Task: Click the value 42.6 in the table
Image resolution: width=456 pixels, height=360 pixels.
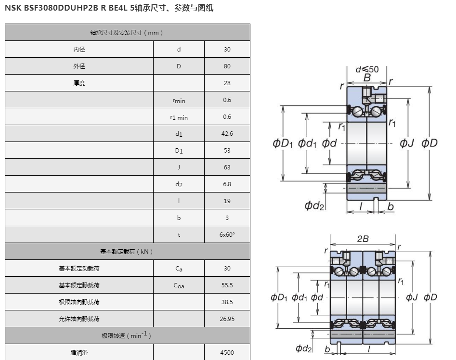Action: [227, 134]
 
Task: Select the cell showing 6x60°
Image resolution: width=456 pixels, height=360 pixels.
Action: [227, 235]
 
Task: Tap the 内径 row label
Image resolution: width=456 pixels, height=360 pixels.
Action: [79, 50]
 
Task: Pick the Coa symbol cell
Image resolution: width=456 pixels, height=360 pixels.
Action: [179, 285]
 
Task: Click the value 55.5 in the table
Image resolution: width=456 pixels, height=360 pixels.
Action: [227, 285]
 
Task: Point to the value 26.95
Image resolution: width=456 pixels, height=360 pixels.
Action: [227, 319]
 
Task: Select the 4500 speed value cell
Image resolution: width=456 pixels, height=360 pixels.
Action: [227, 353]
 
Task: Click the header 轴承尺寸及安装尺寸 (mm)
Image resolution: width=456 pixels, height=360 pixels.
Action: [127, 33]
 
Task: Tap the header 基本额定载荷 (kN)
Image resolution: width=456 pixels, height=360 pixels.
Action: [127, 252]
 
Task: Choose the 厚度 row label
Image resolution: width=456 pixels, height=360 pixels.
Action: [79, 83]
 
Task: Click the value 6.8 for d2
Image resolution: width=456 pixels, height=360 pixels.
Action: [227, 184]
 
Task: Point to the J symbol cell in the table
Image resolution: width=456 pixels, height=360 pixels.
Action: [179, 167]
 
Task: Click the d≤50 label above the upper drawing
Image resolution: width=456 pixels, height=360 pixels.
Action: [367, 69]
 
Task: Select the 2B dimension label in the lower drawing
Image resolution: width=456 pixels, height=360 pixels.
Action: [363, 239]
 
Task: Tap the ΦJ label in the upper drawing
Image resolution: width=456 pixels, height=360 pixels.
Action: [406, 143]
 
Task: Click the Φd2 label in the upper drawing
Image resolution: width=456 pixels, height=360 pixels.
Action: [314, 206]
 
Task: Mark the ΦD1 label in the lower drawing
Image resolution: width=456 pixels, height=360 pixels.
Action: [279, 297]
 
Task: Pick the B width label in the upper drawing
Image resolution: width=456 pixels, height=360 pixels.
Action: [367, 78]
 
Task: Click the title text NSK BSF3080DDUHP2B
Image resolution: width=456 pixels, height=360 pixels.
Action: [52, 8]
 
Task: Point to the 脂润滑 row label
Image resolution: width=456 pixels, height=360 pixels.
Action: [79, 353]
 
